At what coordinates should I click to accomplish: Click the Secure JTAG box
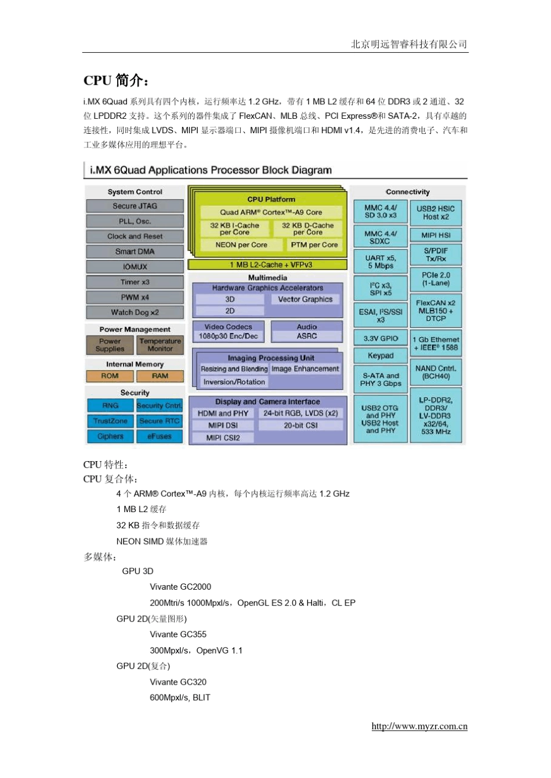tap(135, 206)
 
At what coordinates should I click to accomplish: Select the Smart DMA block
tap(135, 252)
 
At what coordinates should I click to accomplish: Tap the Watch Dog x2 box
tap(135, 312)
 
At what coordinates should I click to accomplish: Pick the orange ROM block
tap(110, 376)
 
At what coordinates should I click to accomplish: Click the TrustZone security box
tap(110, 421)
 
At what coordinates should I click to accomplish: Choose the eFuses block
tap(159, 436)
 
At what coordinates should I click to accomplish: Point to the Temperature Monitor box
tap(160, 345)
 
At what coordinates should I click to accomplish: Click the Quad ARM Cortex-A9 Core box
tap(271, 213)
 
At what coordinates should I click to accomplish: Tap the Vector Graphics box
tap(305, 299)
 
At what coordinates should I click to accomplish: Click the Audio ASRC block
tap(307, 332)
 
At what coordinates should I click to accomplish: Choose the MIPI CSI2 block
tap(223, 438)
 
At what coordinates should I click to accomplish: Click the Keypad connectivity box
tap(380, 356)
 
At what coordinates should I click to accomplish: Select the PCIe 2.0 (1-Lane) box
tap(436, 279)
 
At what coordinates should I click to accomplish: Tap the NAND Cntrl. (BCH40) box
tap(436, 372)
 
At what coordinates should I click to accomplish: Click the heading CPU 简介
tap(116, 80)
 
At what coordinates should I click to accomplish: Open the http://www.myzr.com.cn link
tap(419, 726)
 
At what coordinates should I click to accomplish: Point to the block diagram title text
tap(211, 170)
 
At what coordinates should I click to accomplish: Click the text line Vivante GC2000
tap(180, 587)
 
